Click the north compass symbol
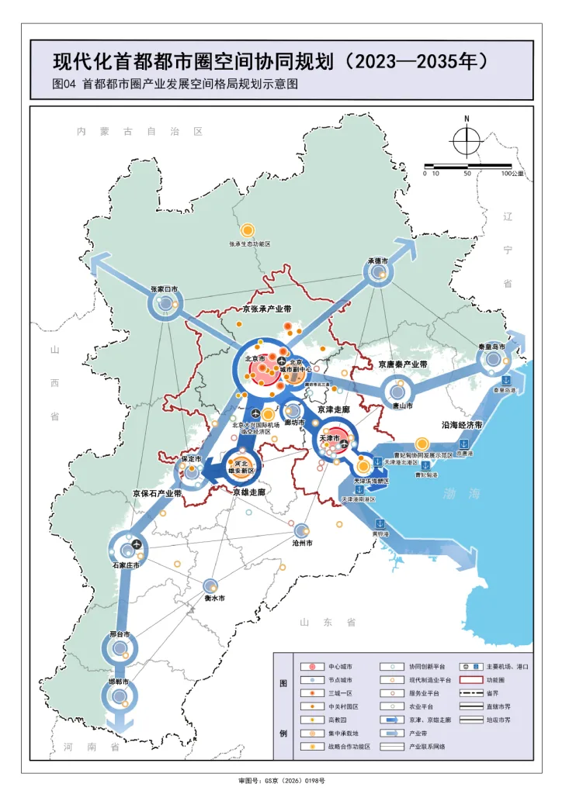[467, 140]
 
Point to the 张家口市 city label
[164, 290]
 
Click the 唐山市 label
[401, 406]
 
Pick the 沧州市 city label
[303, 544]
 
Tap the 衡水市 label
[214, 599]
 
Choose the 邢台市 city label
[119, 634]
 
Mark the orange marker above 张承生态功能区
[248, 230]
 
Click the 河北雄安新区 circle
[239, 467]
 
